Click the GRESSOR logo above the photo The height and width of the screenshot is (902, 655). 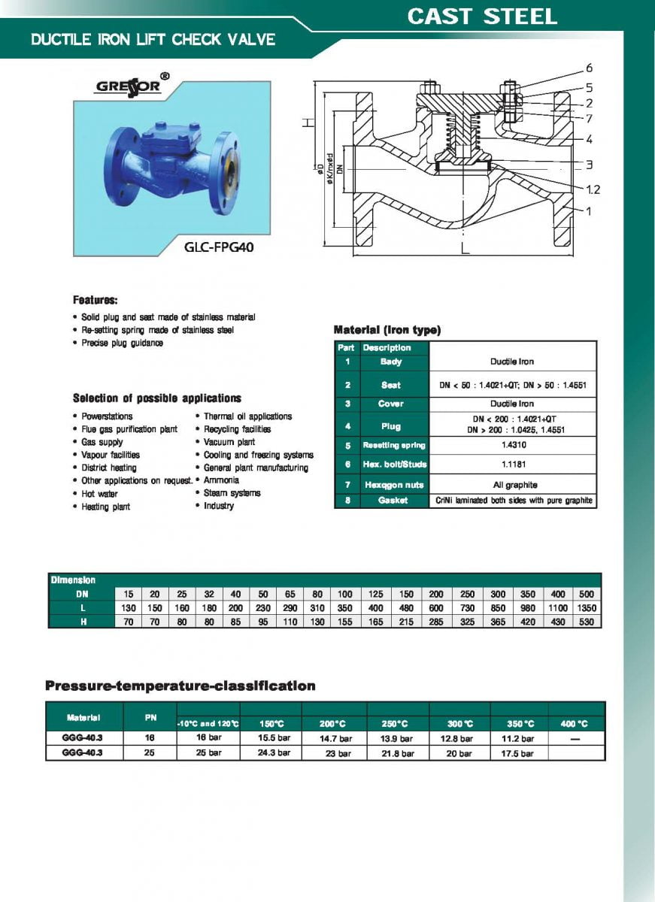coord(132,86)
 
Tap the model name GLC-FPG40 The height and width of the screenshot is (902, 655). coord(219,247)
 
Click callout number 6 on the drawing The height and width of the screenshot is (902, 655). coord(589,68)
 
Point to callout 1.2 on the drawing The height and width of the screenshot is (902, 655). coord(593,189)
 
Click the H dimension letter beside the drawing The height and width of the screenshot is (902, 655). coord(308,122)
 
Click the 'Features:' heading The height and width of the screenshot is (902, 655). coord(95,300)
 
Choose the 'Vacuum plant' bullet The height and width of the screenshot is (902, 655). coord(229,442)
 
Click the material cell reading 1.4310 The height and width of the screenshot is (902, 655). coord(514,445)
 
